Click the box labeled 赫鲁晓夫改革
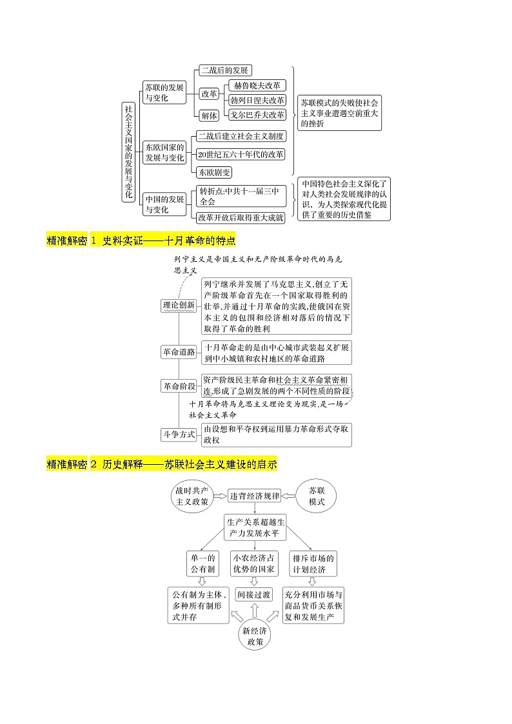click(x=257, y=85)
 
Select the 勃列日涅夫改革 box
click(x=257, y=100)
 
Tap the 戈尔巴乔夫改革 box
click(x=257, y=115)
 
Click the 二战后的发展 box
click(x=224, y=70)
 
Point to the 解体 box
click(x=209, y=115)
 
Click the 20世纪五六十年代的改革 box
click(x=241, y=154)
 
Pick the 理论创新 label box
click(x=179, y=306)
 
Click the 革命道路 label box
click(x=179, y=351)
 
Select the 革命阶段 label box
click(x=179, y=386)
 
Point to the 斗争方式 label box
click(x=179, y=435)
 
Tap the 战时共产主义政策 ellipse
click(x=192, y=496)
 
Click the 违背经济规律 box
click(x=255, y=496)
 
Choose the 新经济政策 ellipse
click(x=255, y=636)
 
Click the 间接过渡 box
click(x=254, y=594)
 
